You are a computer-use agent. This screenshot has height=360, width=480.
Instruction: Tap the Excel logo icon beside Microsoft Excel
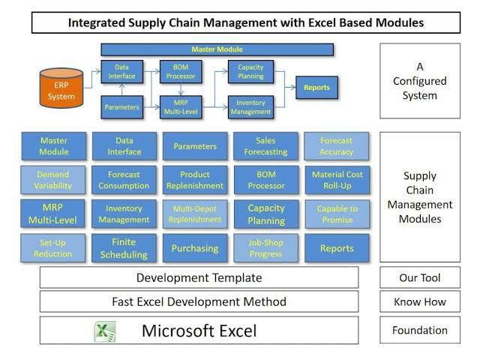[104, 331]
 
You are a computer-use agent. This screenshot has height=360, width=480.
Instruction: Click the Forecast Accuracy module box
[337, 146]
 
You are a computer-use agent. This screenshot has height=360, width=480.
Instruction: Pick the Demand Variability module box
[53, 180]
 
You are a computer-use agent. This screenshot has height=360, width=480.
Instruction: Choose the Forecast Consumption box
[124, 180]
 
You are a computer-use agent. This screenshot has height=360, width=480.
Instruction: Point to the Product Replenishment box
[195, 180]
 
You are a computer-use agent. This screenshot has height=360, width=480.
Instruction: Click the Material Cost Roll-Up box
[337, 180]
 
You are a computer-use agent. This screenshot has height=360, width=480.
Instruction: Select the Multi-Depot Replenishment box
[195, 214]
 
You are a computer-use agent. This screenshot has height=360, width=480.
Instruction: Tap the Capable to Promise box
[337, 214]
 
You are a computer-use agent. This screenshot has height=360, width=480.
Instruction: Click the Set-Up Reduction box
[53, 247]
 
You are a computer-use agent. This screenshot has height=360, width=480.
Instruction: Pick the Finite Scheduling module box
[124, 247]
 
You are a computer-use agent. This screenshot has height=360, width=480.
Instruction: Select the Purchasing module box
[195, 247]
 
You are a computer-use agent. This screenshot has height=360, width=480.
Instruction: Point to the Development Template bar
[199, 277]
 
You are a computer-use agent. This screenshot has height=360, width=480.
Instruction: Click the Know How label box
[419, 302]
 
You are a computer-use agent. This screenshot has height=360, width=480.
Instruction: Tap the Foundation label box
[419, 330]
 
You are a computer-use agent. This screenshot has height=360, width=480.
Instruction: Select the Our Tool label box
[419, 277]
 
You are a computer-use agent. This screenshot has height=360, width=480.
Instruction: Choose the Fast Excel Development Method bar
[199, 302]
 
